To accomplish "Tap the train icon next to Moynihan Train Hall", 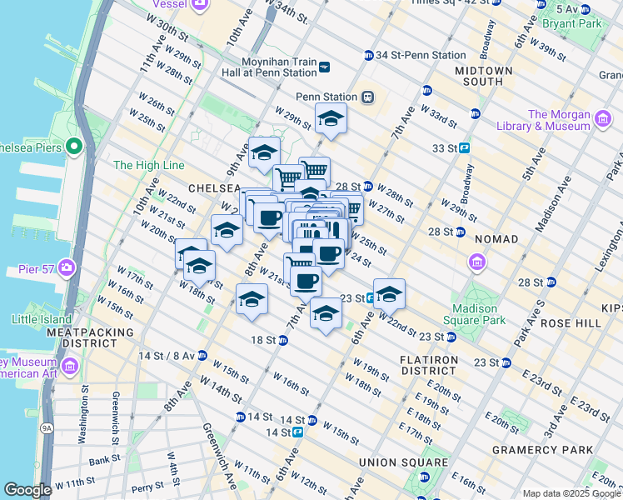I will (325, 67).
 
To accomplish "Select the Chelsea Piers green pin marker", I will (73, 147).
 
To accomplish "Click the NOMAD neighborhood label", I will (496, 239).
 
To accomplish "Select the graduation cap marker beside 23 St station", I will (388, 294).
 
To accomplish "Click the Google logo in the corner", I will (27, 490).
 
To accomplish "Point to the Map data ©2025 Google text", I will (571, 493).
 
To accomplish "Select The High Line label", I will (148, 166).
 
